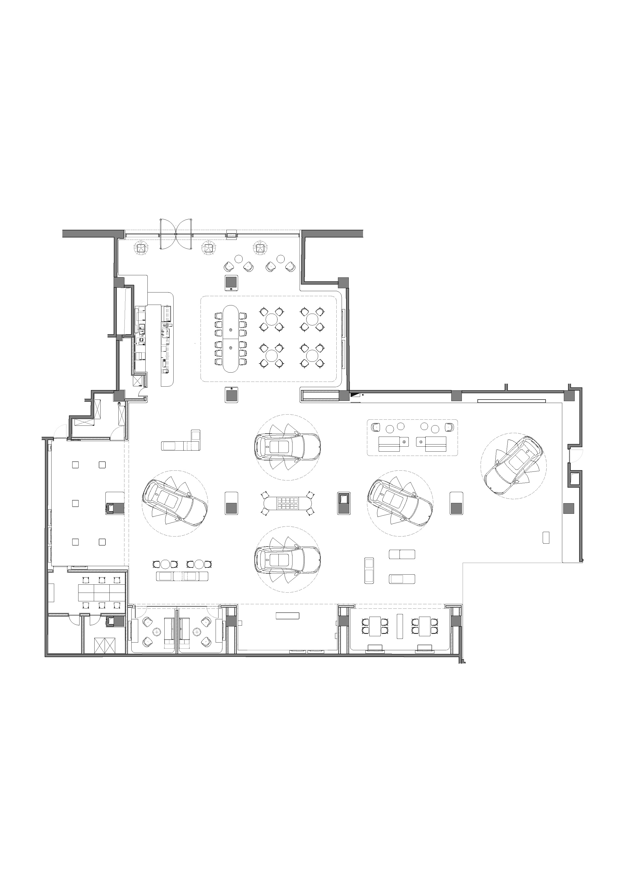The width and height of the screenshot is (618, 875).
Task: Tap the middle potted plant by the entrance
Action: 208,249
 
